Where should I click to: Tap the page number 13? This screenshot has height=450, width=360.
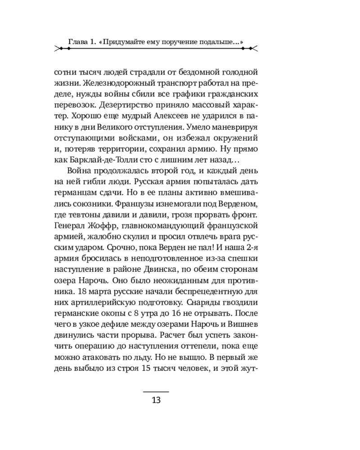coord(156,400)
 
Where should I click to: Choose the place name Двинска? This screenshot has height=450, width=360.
coord(169,268)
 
